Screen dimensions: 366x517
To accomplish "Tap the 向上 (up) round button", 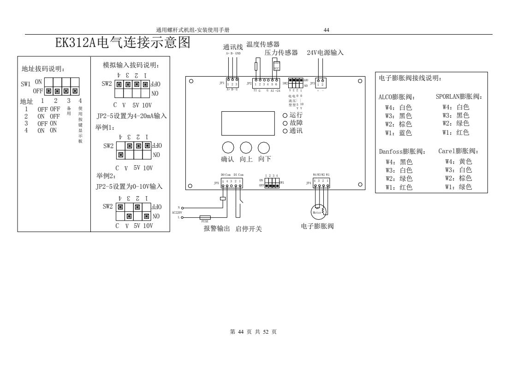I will (246, 148).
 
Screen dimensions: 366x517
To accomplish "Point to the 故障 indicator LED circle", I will (286, 123).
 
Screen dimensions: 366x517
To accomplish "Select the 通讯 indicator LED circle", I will (286, 131).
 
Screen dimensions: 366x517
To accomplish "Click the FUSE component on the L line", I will (205, 217).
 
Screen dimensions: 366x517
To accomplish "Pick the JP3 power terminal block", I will (321, 84).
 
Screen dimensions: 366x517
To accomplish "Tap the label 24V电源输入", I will (325, 53).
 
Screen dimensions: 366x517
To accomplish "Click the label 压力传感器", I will (281, 53).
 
